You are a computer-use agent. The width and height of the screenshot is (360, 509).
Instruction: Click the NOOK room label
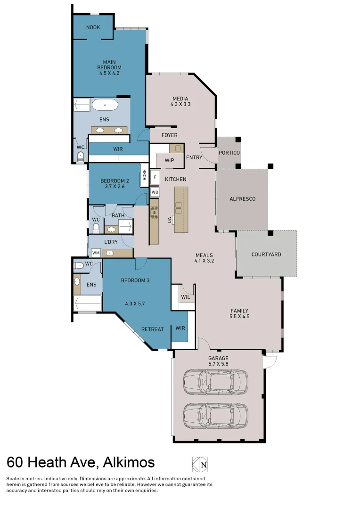coord(93,27)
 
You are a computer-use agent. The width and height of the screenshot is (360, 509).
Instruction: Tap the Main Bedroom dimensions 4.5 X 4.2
coord(109,73)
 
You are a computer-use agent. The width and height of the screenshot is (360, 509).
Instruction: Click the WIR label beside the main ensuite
coord(118,149)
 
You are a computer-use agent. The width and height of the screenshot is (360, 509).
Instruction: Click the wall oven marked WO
coord(155,192)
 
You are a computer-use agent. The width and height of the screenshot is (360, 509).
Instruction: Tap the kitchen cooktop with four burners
coord(154,213)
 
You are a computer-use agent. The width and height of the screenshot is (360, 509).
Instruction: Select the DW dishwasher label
coord(170,220)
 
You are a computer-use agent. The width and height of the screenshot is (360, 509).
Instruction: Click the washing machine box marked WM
coord(96,253)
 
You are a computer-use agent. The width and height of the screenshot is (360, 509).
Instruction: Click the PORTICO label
coord(229,153)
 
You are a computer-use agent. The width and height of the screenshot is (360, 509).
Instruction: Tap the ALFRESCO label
coord(242,199)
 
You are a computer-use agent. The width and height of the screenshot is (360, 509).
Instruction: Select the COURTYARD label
coord(266,254)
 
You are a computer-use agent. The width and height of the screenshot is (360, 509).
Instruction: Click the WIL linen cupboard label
coord(185,297)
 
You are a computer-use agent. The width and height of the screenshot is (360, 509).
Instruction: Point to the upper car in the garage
coord(215,381)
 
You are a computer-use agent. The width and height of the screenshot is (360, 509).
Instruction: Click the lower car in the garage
coord(215,415)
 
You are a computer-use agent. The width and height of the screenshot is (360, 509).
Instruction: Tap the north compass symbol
coord(199,464)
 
